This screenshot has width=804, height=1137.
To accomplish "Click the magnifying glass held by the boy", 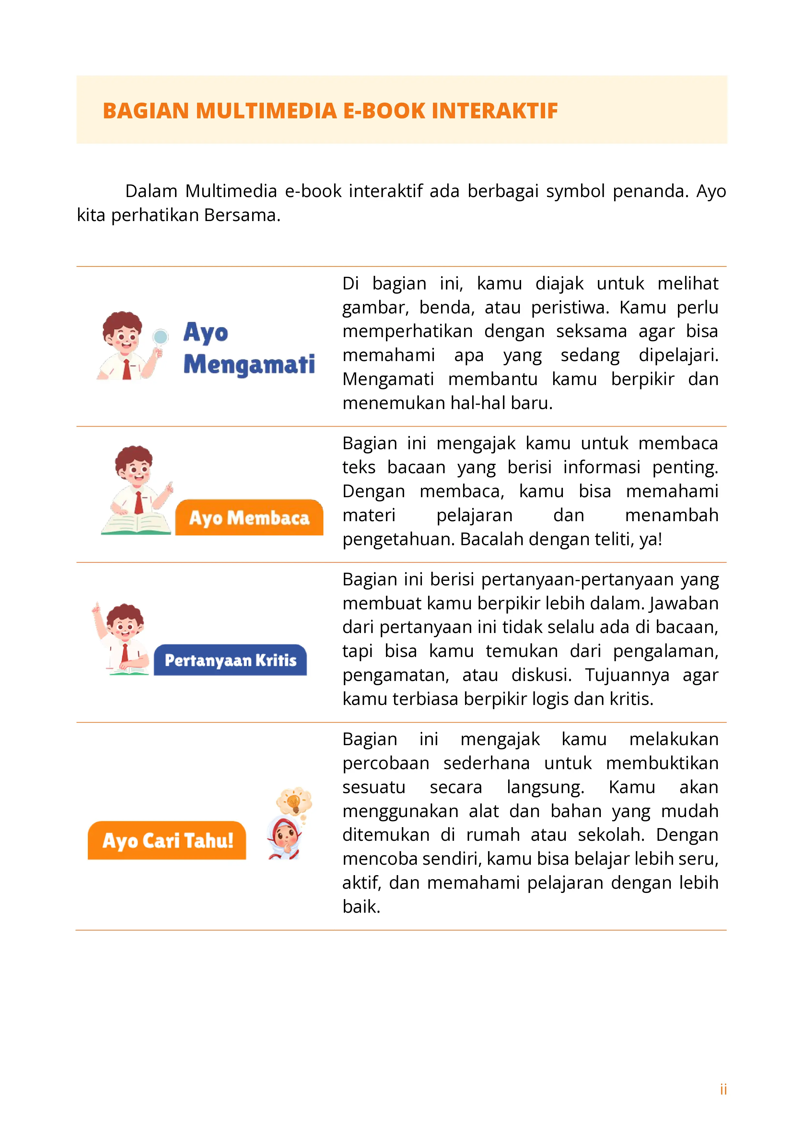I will (x=160, y=337).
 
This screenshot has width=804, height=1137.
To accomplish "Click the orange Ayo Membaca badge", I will (x=249, y=518).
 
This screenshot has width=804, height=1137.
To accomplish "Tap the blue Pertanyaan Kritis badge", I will (x=230, y=660).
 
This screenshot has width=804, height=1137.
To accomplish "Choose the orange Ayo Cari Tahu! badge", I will (x=167, y=840).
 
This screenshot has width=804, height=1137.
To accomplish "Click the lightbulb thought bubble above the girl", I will (x=294, y=801).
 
